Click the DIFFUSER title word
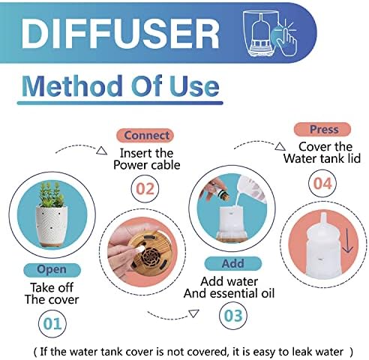click(x=120, y=33)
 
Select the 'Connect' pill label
click(x=145, y=136)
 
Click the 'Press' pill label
click(x=322, y=130)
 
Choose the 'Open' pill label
click(x=52, y=270)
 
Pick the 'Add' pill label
click(x=232, y=263)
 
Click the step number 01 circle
click(x=52, y=324)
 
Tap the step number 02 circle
click(x=145, y=188)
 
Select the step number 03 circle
click(x=233, y=316)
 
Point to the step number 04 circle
click(x=322, y=183)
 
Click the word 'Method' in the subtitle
click(x=72, y=86)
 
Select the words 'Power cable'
click(x=147, y=165)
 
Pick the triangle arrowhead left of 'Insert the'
click(x=102, y=151)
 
